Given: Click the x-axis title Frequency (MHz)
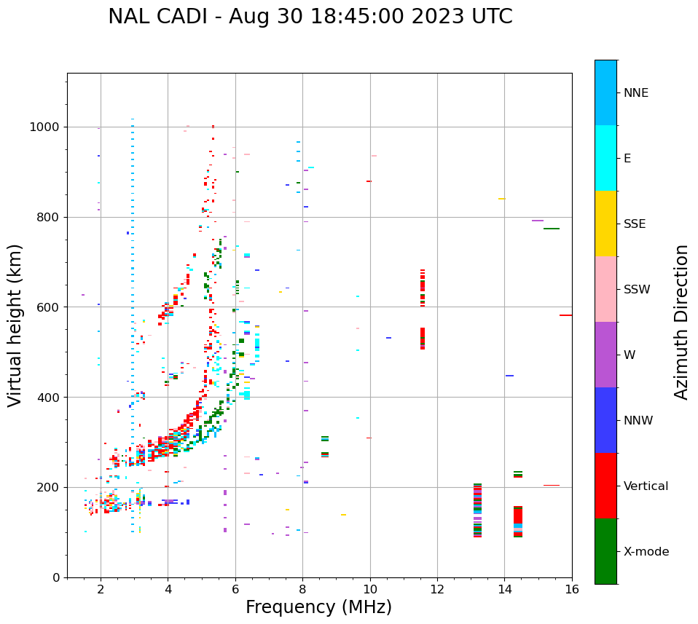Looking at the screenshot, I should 318,607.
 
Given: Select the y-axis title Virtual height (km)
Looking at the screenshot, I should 15,325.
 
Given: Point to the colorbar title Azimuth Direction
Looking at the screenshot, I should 681,322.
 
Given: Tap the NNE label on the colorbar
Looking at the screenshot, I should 635,93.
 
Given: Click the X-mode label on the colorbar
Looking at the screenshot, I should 646,552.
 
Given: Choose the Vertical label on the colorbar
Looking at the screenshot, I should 646,486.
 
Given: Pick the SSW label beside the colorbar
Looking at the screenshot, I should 637,290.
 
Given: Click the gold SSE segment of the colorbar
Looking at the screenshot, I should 605,224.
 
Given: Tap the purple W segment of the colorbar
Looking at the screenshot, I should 605,355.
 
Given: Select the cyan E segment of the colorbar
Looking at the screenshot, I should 605,158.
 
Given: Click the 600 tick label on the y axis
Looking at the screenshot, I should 50,307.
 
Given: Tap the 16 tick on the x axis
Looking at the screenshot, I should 572,588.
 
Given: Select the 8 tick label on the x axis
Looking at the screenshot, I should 302,588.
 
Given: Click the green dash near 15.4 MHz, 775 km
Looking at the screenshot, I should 552,229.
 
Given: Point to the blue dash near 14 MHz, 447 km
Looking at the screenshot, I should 509,376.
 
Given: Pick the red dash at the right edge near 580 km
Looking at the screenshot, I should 565,315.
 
